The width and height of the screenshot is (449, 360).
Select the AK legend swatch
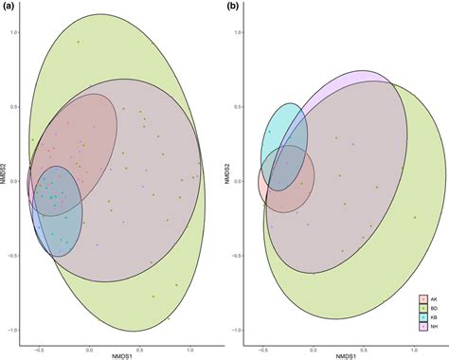[423, 298]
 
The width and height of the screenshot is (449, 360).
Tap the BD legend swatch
[423, 308]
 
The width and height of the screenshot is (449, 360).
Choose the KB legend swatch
[423, 317]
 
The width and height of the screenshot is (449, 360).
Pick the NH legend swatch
[423, 327]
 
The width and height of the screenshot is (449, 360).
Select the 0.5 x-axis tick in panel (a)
[141, 346]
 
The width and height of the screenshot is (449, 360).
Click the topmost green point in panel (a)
[80, 43]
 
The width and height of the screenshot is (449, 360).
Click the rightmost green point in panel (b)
[415, 218]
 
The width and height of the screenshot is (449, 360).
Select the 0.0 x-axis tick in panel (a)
[90, 346]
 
